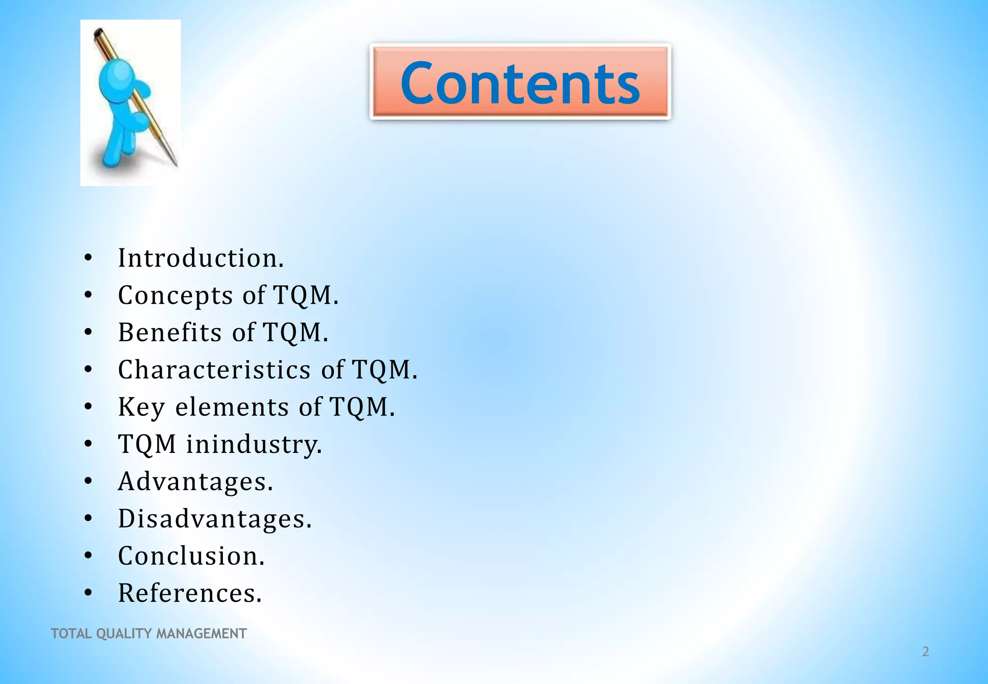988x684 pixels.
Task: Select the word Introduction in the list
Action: [201, 258]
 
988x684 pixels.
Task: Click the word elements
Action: [232, 407]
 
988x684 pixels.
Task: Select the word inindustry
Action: [254, 444]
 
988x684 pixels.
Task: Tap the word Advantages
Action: [195, 481]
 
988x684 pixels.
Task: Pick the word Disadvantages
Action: [215, 519]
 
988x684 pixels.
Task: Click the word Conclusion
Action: [191, 556]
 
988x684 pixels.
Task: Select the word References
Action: [190, 593]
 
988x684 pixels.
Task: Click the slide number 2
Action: [925, 652]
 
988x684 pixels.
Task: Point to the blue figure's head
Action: [116, 77]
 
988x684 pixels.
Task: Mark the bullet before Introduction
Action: [88, 258]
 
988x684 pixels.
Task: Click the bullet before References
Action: [88, 593]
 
